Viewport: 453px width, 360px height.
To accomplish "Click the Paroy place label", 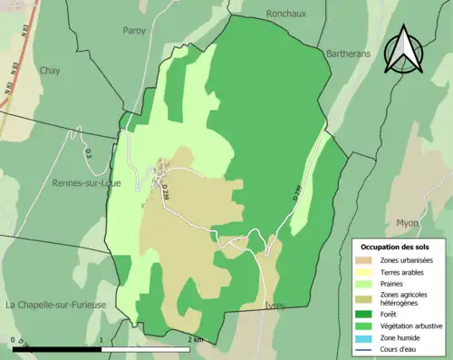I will point(134,30).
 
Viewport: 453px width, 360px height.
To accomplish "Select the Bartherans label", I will point(344,54).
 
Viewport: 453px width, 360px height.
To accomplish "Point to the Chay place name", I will point(49,70).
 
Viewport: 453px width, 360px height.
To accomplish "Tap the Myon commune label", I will point(408,222).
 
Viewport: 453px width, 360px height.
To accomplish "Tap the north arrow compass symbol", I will point(402,50).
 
